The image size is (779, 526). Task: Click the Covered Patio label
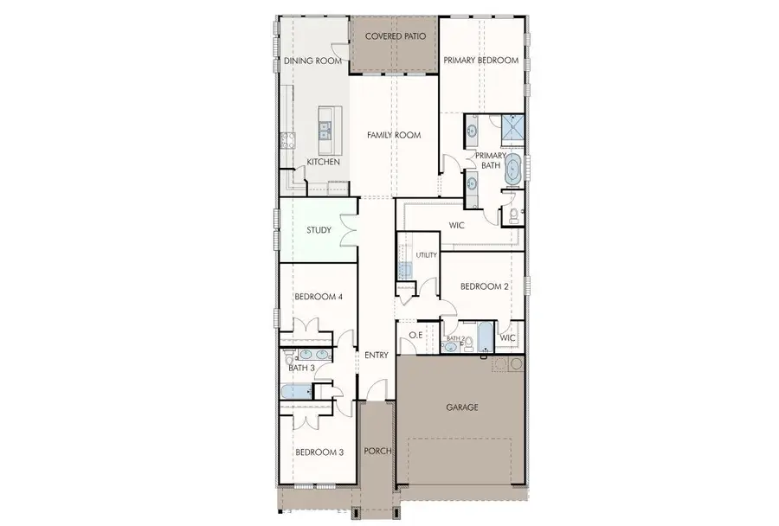pos(394,36)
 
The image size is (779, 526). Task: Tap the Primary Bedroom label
pos(480,61)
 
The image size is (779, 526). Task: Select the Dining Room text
pos(311,61)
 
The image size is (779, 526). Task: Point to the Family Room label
pos(393,135)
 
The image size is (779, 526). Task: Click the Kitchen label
pos(323,163)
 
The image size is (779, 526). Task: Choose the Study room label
pos(320,230)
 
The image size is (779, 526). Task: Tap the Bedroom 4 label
pos(319,297)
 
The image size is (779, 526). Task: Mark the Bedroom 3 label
pos(319,452)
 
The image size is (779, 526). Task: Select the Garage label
pos(462,407)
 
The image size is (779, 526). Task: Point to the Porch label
pos(377,452)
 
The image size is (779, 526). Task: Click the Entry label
pos(377,355)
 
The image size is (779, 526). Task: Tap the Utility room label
pos(427,256)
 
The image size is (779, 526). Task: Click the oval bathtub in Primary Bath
pos(513,170)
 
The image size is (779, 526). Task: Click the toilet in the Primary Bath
pos(512,214)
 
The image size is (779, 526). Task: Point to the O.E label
pos(415,336)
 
